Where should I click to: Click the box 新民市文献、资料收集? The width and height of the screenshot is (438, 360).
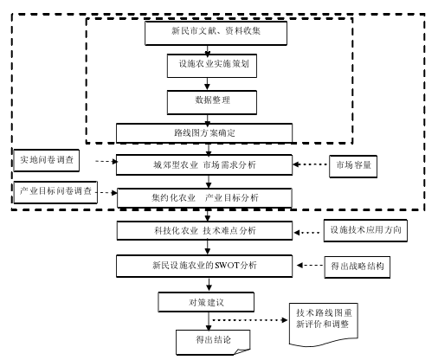click(x=216, y=33)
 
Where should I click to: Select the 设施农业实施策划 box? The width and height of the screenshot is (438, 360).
click(x=212, y=66)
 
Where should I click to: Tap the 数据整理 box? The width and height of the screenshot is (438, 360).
click(x=212, y=102)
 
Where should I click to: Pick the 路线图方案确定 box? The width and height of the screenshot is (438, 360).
click(x=204, y=133)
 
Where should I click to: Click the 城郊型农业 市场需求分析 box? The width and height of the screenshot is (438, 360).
click(x=204, y=164)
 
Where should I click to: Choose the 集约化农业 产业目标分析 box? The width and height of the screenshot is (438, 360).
click(x=204, y=198)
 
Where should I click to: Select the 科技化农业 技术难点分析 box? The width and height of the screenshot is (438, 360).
click(x=204, y=230)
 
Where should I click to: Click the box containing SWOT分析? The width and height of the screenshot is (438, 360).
click(x=204, y=266)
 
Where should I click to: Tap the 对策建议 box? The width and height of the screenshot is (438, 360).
click(x=206, y=302)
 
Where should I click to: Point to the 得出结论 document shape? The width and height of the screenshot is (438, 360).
click(x=213, y=342)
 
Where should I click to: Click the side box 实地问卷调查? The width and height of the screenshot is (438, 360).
click(x=46, y=160)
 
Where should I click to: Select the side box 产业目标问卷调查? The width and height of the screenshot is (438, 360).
click(x=55, y=192)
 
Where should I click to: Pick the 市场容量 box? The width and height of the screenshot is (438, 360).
click(x=353, y=166)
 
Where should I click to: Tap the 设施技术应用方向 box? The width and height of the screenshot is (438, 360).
click(x=365, y=230)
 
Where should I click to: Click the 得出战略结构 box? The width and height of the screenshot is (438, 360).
click(x=357, y=267)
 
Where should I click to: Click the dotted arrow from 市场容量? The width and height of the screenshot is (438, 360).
click(x=311, y=164)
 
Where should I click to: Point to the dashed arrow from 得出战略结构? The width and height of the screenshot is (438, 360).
click(x=310, y=265)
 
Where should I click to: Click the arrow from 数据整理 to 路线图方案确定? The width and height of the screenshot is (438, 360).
click(x=207, y=120)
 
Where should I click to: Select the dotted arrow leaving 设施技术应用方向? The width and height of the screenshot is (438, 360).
click(x=306, y=233)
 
